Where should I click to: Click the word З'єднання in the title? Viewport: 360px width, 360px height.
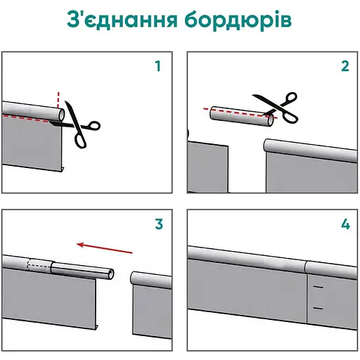122,20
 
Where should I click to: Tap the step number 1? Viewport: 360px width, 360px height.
158,66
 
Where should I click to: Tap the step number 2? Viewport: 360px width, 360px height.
345,66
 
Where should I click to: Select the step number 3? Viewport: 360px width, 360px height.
159,224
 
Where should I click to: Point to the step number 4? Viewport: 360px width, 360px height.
345,224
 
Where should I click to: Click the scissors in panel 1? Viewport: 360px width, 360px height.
76,125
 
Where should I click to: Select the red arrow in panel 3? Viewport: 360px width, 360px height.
105,248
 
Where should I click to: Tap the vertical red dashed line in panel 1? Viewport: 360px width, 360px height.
58,101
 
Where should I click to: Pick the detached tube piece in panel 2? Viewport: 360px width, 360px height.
242,117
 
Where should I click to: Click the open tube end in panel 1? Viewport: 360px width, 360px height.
61,115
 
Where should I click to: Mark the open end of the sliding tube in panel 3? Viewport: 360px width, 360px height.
111,274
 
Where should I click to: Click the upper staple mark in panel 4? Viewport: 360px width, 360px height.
319,287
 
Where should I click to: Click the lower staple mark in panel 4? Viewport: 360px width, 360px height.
319,308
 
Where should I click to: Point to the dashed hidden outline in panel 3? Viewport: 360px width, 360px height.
39,266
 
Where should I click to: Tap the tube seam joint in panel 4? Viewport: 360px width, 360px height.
306,267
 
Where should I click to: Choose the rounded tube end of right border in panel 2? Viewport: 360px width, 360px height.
267,146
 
